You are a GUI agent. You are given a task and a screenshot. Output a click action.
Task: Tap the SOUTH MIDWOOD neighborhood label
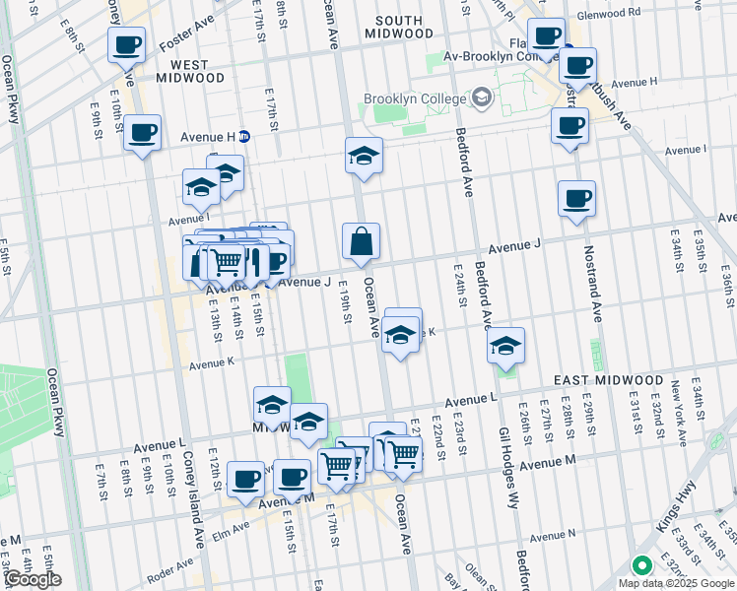[x=398, y=27]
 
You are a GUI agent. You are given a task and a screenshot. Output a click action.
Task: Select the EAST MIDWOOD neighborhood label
[x=608, y=380]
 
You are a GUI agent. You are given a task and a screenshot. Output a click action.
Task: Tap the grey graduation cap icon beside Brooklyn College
[x=482, y=98]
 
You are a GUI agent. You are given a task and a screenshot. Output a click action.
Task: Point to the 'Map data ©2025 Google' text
[x=676, y=583]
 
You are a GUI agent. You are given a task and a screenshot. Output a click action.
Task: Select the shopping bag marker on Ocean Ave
[x=362, y=241]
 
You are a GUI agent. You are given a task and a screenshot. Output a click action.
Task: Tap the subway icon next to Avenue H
[x=243, y=137]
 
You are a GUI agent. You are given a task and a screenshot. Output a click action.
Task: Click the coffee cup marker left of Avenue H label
[x=142, y=132]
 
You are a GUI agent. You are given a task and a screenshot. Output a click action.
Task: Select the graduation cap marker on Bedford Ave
[x=505, y=345]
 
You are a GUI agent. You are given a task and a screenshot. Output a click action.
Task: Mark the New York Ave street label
[x=677, y=403]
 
